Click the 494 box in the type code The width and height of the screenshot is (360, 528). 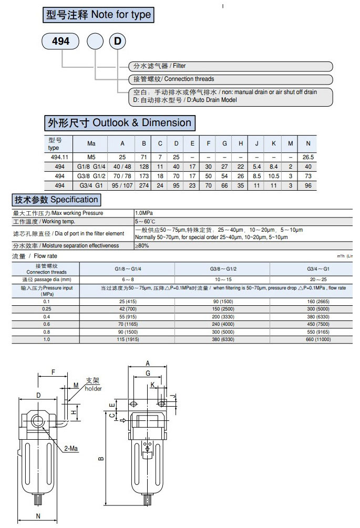pyautogui.click(x=60, y=42)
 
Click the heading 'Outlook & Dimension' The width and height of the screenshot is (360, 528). pyautogui.click(x=120, y=123)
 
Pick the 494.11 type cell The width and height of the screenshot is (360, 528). pyautogui.click(x=59, y=157)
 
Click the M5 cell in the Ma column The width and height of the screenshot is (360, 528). pyautogui.click(x=91, y=157)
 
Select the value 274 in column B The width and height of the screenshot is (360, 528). pyautogui.click(x=143, y=185)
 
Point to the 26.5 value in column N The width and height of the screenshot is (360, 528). pyautogui.click(x=308, y=157)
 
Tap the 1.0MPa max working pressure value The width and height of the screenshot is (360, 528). pyautogui.click(x=145, y=213)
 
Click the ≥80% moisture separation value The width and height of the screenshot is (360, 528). pyautogui.click(x=142, y=245)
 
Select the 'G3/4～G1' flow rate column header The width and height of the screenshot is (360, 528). pyautogui.click(x=314, y=268)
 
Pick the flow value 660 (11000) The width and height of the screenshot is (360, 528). pyautogui.click(x=314, y=339)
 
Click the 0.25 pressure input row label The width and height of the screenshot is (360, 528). pyautogui.click(x=47, y=309)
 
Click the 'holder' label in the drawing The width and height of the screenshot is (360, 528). pyautogui.click(x=93, y=388)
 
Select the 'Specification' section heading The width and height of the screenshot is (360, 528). pyautogui.click(x=55, y=200)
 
